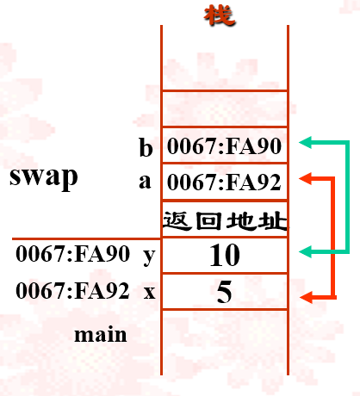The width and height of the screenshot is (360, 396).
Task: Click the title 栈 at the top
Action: [x=221, y=14]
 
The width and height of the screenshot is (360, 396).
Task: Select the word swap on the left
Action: [x=44, y=177]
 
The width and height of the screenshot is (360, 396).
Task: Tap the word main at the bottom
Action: [x=101, y=333]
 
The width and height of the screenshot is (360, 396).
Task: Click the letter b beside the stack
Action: [x=146, y=147]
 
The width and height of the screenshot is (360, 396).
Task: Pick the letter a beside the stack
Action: [x=145, y=182]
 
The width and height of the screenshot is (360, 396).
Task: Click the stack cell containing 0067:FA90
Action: [x=224, y=147]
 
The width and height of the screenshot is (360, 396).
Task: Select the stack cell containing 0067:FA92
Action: [x=224, y=183]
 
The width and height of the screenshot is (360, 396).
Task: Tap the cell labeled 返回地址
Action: [x=224, y=220]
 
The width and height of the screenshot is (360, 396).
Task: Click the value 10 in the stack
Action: [x=224, y=255]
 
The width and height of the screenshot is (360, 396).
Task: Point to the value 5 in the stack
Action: [x=224, y=292]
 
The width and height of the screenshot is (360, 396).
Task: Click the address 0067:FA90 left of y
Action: [x=72, y=255]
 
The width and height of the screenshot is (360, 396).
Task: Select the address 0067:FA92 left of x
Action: [x=72, y=291]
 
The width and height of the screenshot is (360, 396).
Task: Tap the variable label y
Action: [x=149, y=255]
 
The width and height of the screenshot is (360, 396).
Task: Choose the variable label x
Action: [x=149, y=292]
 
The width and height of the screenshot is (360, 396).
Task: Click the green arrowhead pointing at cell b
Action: [x=303, y=141]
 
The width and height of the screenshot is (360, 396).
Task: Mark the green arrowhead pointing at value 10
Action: [x=303, y=251]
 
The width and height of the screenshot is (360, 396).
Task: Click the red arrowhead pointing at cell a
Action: [x=303, y=178]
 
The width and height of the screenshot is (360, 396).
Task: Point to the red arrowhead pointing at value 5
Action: [x=303, y=297]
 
